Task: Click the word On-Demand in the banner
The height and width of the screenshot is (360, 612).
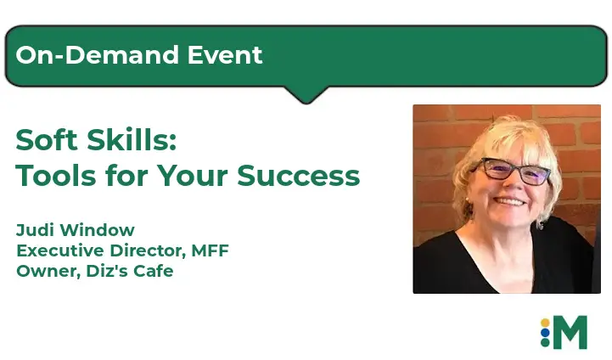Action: [x=98, y=54]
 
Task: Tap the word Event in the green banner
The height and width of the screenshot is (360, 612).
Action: [x=225, y=54]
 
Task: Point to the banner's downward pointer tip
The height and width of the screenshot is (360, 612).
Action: [x=306, y=103]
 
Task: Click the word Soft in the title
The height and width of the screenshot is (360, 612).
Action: [x=47, y=140]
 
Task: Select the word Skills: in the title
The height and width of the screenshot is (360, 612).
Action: [x=132, y=140]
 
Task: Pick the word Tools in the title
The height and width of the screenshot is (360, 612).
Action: [x=56, y=175]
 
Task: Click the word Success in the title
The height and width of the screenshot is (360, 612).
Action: [x=298, y=176]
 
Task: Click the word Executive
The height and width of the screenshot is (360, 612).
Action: [x=60, y=250]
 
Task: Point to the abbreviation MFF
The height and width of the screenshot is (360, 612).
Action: [x=210, y=250]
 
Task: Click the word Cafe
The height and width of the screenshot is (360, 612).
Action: [x=154, y=271]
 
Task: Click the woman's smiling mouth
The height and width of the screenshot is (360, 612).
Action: [x=510, y=201]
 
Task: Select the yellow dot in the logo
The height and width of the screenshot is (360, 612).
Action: [x=545, y=323]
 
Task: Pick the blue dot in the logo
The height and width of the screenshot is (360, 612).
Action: [x=545, y=333]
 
